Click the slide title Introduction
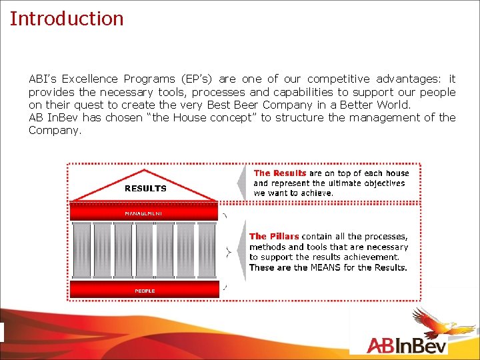point(67,18)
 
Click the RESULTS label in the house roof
point(145,189)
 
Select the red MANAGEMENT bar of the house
point(144,213)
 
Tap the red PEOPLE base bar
point(144,291)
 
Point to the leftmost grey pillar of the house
point(81,250)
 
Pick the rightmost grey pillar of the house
point(207,250)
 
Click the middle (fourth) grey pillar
point(144,250)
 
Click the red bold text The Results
point(280,173)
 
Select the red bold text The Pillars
point(274,236)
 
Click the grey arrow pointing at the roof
point(241,182)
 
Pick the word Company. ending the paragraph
point(55,130)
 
